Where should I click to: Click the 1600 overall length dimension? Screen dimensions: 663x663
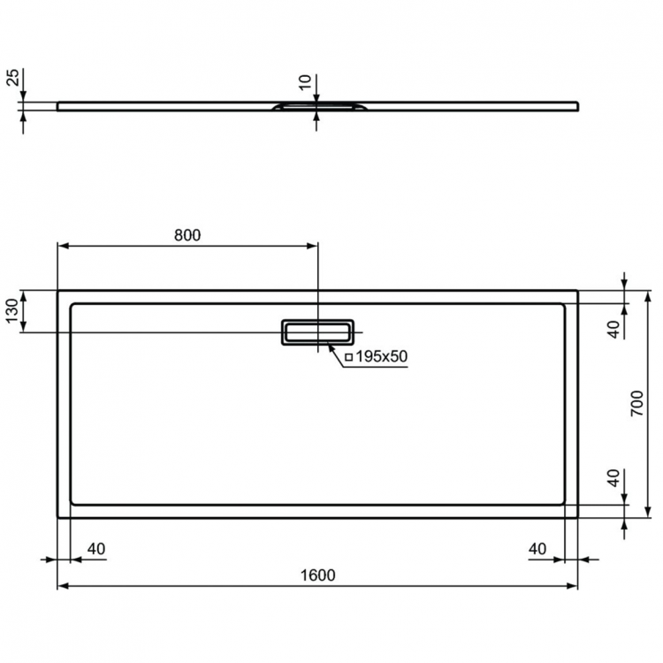click(x=318, y=575)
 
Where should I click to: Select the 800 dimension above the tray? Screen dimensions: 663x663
click(x=187, y=235)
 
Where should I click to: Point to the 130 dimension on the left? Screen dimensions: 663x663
click(x=11, y=311)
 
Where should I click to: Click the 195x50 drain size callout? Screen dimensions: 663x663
click(x=381, y=356)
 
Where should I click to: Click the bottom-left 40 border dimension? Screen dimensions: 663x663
click(x=95, y=549)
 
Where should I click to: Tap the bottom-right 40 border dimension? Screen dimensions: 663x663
click(x=537, y=549)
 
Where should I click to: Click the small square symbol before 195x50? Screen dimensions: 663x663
click(x=348, y=357)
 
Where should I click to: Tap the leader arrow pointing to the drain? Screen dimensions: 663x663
click(x=333, y=350)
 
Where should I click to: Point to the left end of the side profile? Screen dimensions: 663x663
click(x=59, y=106)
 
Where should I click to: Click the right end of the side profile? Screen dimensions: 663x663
click(x=577, y=106)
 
